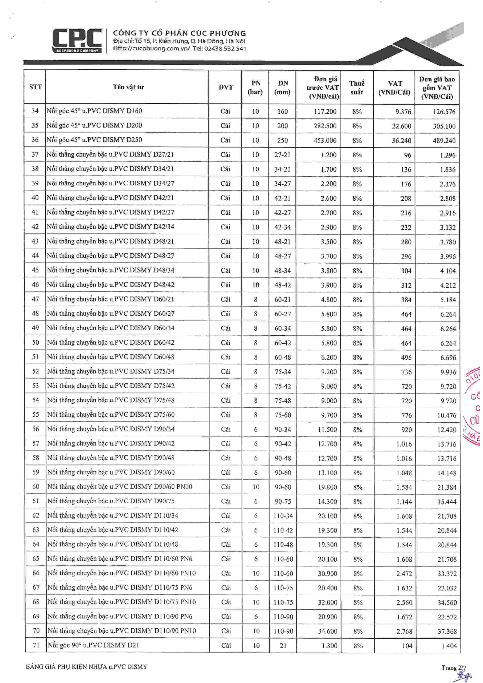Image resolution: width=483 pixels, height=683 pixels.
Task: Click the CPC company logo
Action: click(77, 41)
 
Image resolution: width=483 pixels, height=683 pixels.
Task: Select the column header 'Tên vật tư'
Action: click(128, 87)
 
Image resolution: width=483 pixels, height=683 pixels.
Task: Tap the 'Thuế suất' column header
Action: click(357, 88)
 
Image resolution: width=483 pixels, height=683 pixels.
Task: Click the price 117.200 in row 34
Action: click(325, 112)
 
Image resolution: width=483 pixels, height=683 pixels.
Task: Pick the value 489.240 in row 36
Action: click(444, 140)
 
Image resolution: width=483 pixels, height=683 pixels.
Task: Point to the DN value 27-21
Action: click(282, 155)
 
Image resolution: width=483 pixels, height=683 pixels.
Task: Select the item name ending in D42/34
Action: click(110, 227)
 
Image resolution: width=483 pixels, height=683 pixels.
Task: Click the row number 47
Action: click(35, 299)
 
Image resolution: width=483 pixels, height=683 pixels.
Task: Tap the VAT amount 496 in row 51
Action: click(406, 357)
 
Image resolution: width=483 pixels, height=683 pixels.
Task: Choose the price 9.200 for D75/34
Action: click(328, 372)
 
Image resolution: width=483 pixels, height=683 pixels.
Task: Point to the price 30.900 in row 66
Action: click(327, 573)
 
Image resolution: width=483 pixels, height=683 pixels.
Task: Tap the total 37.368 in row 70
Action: click(447, 631)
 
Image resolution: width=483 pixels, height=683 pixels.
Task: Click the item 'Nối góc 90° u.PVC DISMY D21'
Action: click(93, 645)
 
